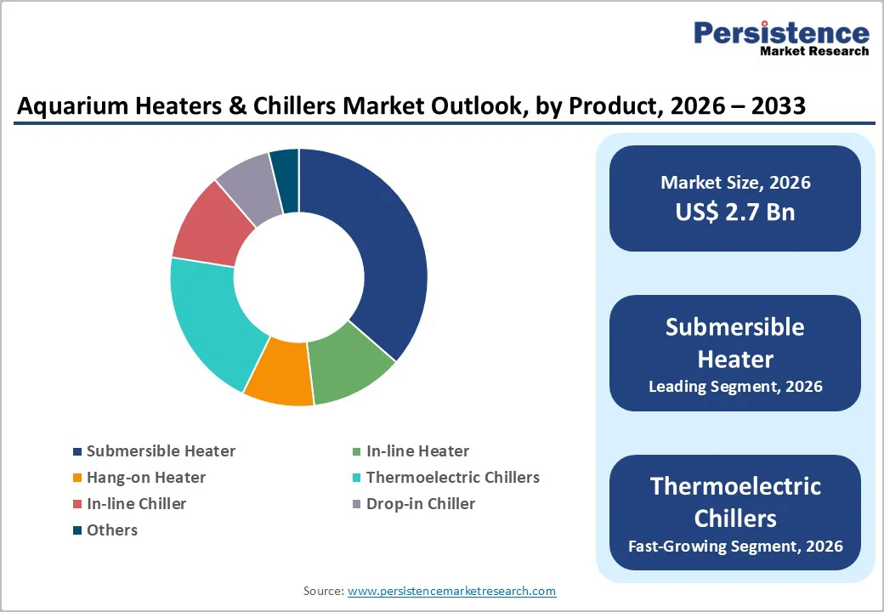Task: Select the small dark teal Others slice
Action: [286, 169]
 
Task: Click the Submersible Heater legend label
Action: [161, 451]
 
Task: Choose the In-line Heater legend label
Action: [417, 451]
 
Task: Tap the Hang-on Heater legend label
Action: [146, 478]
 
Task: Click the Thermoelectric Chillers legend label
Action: [452, 478]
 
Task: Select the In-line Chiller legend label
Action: [136, 504]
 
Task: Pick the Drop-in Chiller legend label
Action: [421, 504]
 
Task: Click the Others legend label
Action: [112, 530]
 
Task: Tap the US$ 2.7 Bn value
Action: [735, 212]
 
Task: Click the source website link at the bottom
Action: [451, 591]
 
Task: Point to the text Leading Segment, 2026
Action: [735, 387]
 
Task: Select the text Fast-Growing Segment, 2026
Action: [735, 546]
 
